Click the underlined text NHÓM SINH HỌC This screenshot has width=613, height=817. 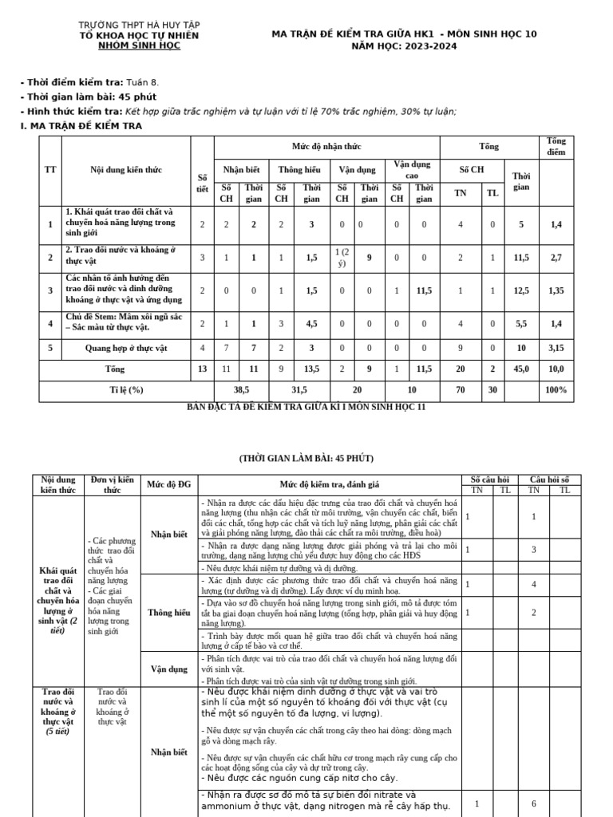(x=139, y=46)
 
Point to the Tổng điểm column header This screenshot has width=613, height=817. (x=556, y=147)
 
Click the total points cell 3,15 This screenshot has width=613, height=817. (x=556, y=347)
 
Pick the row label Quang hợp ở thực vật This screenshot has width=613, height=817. (x=126, y=347)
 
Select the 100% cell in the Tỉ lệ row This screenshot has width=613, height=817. (x=556, y=390)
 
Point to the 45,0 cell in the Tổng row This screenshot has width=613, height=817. (x=521, y=369)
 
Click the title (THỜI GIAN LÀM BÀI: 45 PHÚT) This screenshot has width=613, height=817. (x=306, y=459)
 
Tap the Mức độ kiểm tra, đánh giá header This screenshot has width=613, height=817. (x=329, y=484)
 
